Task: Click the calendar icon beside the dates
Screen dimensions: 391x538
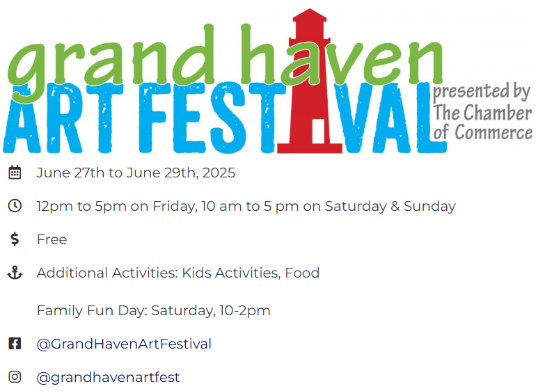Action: (x=15, y=173)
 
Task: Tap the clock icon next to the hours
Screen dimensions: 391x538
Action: (x=15, y=206)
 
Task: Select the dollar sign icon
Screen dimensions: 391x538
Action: (x=15, y=239)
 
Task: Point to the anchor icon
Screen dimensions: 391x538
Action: (x=15, y=273)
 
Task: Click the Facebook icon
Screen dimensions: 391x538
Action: (x=15, y=344)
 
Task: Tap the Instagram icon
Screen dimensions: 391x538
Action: (x=15, y=377)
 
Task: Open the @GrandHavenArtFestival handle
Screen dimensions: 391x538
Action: (x=124, y=344)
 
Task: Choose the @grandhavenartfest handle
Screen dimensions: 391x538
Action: (x=108, y=377)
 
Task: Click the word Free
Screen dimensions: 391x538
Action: (x=52, y=239)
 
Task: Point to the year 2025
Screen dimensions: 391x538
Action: (x=219, y=173)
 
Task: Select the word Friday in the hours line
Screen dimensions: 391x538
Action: (x=175, y=206)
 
